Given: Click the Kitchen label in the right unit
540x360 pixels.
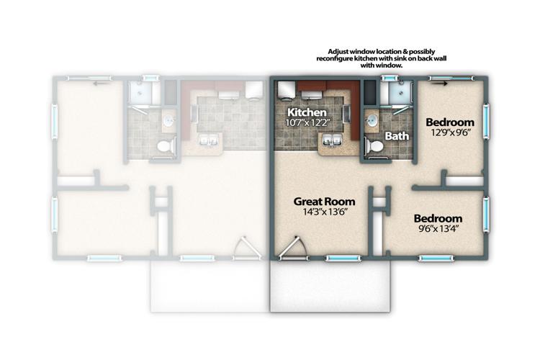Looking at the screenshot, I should coord(307,113).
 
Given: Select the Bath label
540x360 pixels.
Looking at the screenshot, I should coord(397,135).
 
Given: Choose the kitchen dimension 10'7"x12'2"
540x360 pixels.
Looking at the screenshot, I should coord(307,124).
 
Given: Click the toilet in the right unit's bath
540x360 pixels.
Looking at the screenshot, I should coord(374,145).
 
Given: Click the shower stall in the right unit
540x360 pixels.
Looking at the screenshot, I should coord(395,94).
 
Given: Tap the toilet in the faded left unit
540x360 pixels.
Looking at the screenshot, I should coord(164,145).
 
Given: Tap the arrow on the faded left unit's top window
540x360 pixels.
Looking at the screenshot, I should coord(99,81).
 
